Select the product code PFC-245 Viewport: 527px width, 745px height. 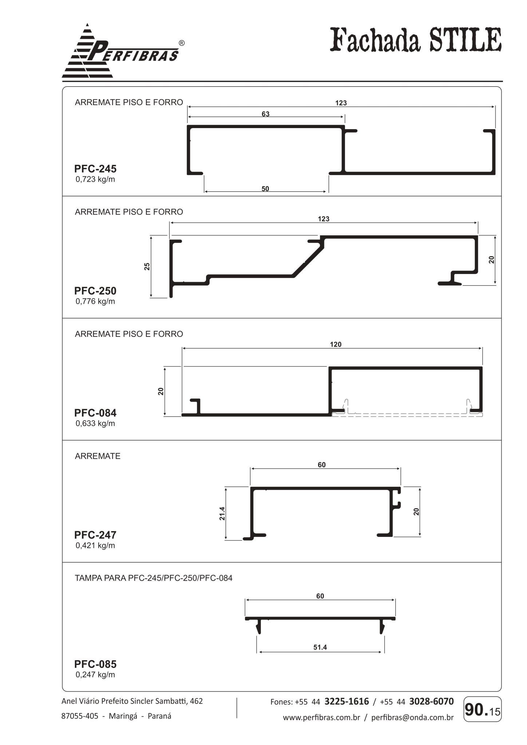tap(95, 169)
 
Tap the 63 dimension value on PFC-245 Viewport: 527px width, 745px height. tap(266, 114)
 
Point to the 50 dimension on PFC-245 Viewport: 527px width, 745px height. tap(265, 188)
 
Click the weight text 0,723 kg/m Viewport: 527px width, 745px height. tap(95, 179)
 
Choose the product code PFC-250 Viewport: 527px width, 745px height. tap(95, 291)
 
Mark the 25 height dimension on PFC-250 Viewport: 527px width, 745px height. tap(147, 266)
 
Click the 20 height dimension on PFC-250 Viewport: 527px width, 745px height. tap(492, 259)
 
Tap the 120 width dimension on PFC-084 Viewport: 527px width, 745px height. tap(336, 344)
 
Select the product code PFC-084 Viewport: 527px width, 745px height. tap(95, 413)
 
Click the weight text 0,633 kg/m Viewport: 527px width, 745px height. tap(95, 423)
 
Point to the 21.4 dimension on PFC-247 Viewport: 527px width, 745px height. tap(222, 513)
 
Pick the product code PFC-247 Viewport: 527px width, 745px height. tap(95, 535)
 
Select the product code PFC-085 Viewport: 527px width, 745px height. tap(95, 664)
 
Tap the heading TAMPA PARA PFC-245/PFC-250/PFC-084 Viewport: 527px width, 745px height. tap(154, 578)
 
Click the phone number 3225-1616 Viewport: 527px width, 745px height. tap(346, 701)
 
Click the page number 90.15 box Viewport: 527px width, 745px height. tap(483, 709)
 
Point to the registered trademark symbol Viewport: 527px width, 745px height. tap(182, 43)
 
